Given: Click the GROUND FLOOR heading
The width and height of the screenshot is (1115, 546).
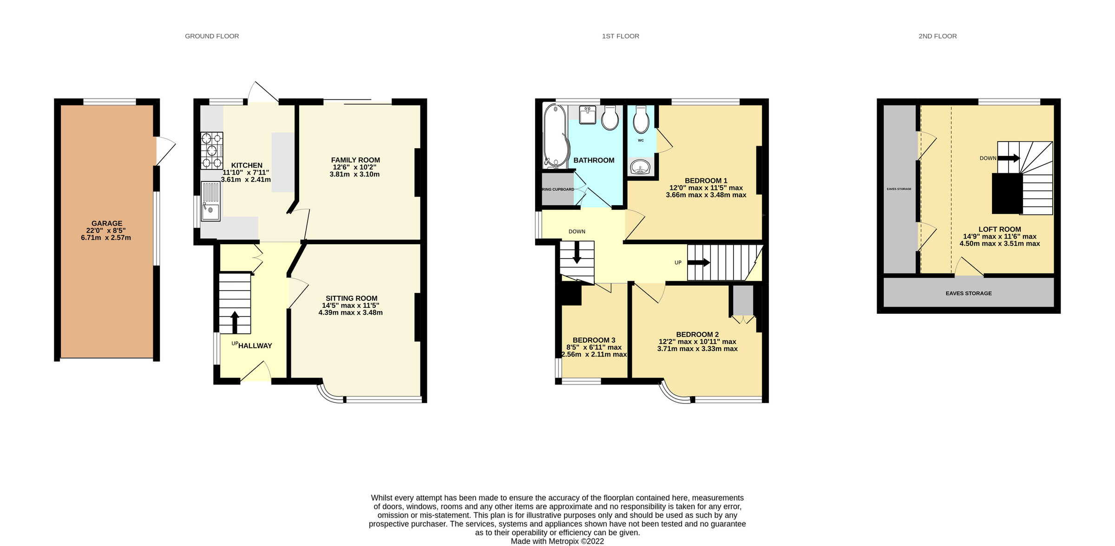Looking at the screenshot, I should tap(212, 36).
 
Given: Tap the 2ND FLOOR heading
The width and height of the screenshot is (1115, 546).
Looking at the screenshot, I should tap(938, 36).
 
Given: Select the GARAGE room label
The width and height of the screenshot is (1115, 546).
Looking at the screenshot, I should tap(107, 223).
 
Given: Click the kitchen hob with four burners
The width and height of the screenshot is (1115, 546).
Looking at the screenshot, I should tap(212, 150).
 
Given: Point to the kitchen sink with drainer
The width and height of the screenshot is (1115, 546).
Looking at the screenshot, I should tap(210, 201).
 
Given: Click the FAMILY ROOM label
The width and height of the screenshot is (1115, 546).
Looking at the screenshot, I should tap(355, 160).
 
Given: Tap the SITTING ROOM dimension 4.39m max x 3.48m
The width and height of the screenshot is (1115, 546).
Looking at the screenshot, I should tap(350, 313).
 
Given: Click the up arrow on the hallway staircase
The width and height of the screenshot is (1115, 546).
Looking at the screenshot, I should tap(235, 322).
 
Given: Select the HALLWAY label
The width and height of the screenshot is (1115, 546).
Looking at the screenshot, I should tap(255, 346).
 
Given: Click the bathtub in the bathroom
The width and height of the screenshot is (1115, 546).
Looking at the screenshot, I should tap(555, 135).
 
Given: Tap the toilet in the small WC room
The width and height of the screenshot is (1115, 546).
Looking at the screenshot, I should tap(641, 120).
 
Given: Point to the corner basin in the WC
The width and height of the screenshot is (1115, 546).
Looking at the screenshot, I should tap(641, 167).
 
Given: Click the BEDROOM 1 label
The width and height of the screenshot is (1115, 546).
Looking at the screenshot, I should tap(706, 181).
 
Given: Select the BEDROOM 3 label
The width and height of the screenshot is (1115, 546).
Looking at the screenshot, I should tap(594, 340).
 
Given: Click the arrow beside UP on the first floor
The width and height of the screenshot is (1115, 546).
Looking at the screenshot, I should tap(699, 263).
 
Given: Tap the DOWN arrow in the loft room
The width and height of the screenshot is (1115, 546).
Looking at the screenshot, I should tap(1008, 158).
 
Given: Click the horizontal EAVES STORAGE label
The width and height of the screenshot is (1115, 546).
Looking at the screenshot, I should tap(969, 293).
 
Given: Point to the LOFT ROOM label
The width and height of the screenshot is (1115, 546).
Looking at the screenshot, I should tap(1000, 229).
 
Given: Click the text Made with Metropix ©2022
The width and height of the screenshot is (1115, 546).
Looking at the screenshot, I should tap(557, 541).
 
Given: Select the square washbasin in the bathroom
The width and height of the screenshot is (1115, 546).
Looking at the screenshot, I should tap(588, 115).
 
